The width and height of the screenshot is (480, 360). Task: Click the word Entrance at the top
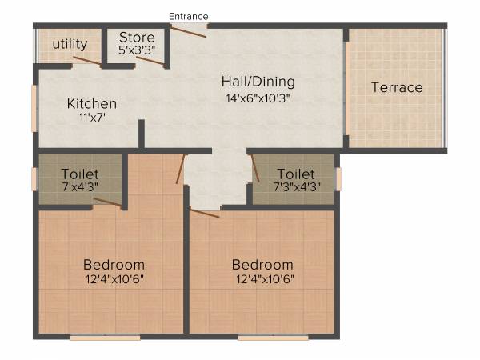[189, 16]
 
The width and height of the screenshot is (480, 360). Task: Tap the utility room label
[70, 44]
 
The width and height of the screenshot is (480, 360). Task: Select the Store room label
[137, 37]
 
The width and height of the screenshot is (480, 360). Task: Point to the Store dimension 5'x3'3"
[137, 50]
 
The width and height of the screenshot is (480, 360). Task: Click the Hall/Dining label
[258, 82]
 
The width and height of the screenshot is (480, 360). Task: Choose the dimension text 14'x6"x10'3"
[257, 98]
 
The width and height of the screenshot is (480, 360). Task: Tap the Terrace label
[397, 87]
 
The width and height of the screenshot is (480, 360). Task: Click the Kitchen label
[92, 104]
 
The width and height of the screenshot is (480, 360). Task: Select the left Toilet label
[80, 174]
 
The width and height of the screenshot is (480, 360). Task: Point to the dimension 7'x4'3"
[80, 187]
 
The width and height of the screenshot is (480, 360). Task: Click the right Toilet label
[296, 174]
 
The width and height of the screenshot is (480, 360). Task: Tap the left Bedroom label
[114, 265]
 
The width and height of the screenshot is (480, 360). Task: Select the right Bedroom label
[262, 265]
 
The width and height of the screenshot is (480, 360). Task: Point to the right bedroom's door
[204, 213]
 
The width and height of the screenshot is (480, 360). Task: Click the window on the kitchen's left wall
[34, 108]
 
